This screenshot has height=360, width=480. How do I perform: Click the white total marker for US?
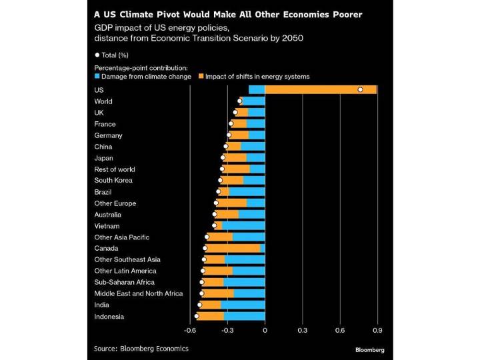pos(360,89)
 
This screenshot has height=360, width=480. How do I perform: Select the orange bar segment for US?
pos(321,89)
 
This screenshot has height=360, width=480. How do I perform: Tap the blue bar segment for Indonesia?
pos(245,316)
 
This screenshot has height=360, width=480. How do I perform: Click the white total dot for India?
pos(199,305)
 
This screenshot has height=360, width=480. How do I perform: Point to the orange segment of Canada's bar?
pos(233,248)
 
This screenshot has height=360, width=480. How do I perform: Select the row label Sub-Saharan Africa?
pos(125,282)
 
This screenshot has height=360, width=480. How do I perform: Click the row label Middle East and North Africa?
pos(138,293)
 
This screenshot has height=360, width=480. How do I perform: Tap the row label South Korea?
pos(113,180)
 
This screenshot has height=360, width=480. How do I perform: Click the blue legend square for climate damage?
pos(97,77)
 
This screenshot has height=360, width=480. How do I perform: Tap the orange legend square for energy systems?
pos(201,77)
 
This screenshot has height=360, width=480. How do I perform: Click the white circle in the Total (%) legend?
pos(97,55)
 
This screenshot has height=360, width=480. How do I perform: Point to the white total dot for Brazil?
pos(218,191)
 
